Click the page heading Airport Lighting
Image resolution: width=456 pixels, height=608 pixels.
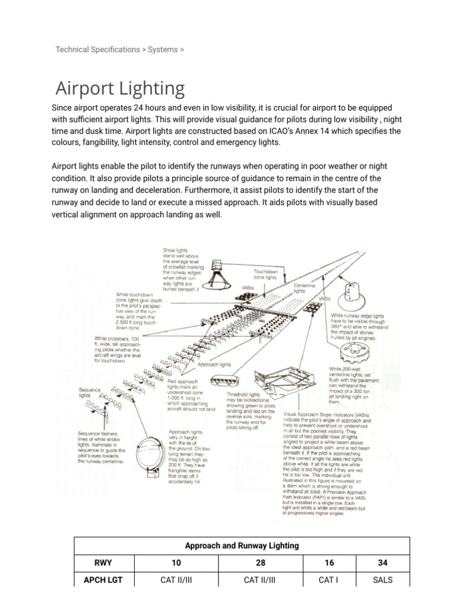120,88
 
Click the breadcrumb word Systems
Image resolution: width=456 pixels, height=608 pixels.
163,49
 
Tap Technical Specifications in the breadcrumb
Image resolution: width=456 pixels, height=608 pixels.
97,49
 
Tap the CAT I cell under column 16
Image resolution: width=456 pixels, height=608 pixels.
328,580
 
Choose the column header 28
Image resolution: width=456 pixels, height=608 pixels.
260,562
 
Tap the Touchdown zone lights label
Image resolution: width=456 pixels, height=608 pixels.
264,274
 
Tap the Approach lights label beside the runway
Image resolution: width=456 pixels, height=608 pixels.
215,365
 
